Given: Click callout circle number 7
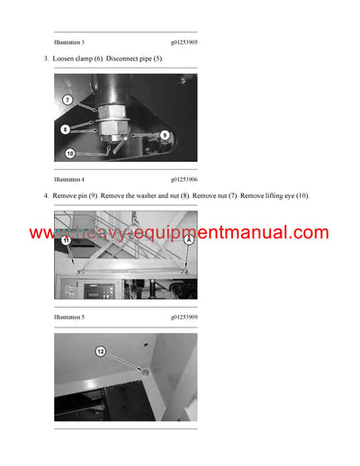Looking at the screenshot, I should pyautogui.click(x=67, y=100).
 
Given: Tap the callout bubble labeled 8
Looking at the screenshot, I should pyautogui.click(x=65, y=130).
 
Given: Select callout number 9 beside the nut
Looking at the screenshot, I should pyautogui.click(x=165, y=134).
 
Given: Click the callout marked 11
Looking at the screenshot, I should pyautogui.click(x=65, y=241).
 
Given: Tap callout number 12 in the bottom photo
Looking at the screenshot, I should pyautogui.click(x=101, y=351).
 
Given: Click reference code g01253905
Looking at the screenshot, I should pyautogui.click(x=184, y=42).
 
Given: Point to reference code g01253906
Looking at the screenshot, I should pyautogui.click(x=184, y=179).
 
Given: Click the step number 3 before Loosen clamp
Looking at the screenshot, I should pyautogui.click(x=46, y=58).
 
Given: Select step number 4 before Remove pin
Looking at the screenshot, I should pyautogui.click(x=46, y=196).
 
